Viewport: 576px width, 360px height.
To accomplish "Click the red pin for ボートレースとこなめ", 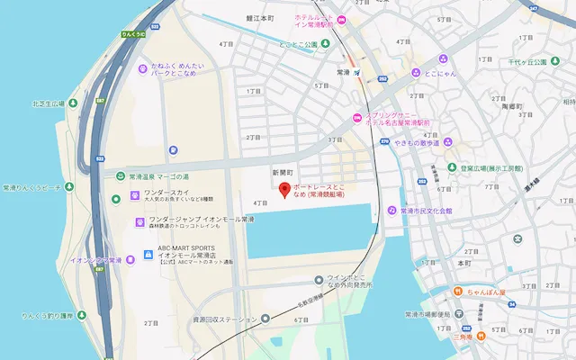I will (x=284, y=190).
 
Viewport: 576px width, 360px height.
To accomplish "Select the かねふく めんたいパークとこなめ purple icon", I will (x=141, y=68).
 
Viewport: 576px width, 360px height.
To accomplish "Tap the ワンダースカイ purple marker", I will (x=137, y=194).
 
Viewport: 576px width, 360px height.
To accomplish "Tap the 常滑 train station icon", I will (x=358, y=72).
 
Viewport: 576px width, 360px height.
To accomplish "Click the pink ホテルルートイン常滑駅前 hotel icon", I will (x=353, y=20).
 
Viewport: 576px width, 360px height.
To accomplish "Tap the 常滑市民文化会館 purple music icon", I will (x=391, y=211).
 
